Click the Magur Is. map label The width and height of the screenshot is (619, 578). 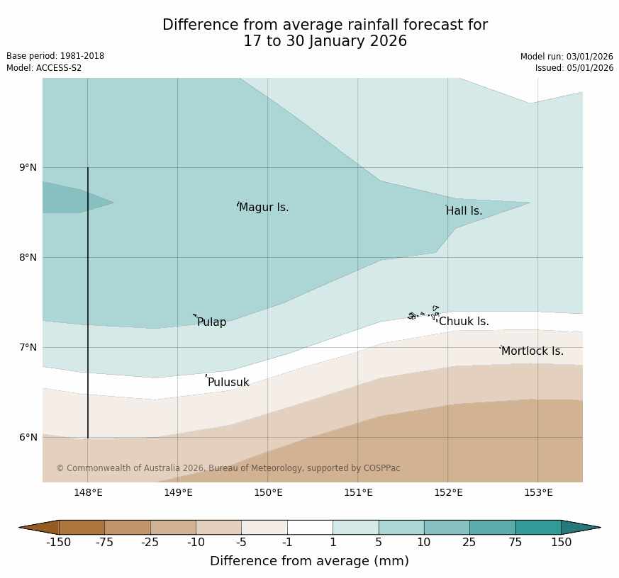(x=264, y=208)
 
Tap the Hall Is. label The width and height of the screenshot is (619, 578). (x=464, y=211)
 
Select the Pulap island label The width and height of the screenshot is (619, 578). (x=211, y=322)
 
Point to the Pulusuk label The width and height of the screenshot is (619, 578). (x=228, y=382)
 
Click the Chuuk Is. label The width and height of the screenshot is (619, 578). (x=464, y=322)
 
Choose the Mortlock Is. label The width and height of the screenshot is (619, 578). (x=532, y=351)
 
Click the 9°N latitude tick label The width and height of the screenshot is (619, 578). (x=28, y=167)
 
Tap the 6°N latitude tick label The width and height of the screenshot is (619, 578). (x=28, y=437)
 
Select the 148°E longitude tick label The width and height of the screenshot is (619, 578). (x=88, y=493)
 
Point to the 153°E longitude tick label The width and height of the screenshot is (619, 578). (x=538, y=493)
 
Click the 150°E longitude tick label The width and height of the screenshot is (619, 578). (x=268, y=493)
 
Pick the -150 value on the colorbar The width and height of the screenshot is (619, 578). (x=60, y=543)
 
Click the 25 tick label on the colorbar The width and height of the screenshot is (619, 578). (x=469, y=543)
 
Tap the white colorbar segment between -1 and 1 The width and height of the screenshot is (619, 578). (x=310, y=527)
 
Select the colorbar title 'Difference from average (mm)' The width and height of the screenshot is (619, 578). (x=309, y=561)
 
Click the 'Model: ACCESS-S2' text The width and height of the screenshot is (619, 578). (x=44, y=68)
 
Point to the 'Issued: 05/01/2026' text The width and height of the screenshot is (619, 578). (x=574, y=68)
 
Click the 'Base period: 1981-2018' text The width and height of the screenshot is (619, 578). (x=55, y=56)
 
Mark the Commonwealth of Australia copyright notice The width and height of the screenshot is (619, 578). (x=228, y=468)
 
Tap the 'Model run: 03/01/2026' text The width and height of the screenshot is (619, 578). (x=567, y=57)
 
